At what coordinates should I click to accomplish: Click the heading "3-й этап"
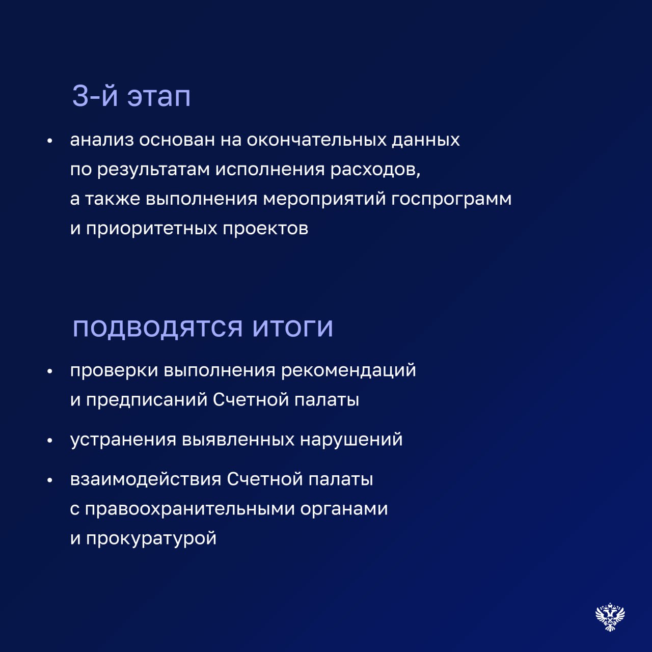pos(131,96)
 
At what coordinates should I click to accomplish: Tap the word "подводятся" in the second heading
pos(158,328)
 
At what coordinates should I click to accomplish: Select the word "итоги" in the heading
pos(293,328)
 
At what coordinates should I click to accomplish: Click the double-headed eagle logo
pos(610,617)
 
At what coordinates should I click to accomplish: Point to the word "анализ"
pos(102,140)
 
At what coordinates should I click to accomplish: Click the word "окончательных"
pos(316,140)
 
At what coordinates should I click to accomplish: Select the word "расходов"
pos(375,170)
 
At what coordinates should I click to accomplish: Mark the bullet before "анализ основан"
pos(50,141)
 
